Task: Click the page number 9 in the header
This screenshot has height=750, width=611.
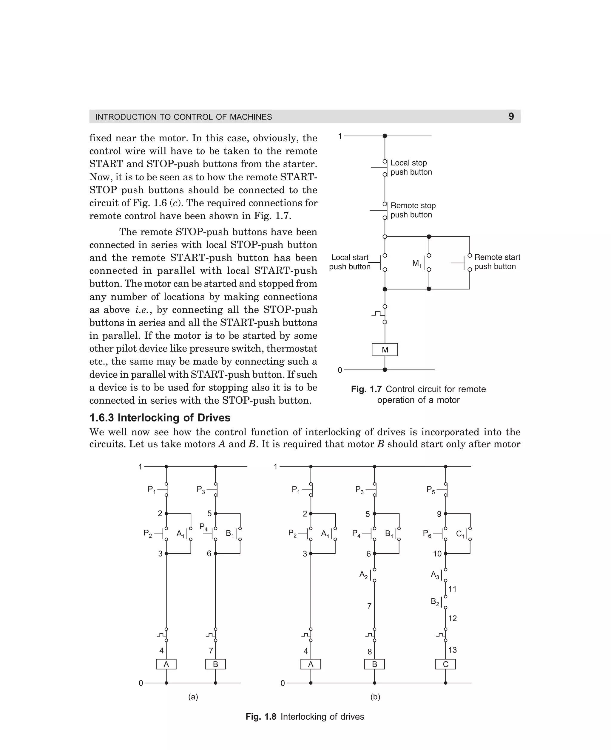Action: tap(511, 116)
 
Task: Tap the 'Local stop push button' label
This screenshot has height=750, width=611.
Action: tap(411, 167)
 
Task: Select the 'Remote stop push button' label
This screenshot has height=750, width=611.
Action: tap(413, 210)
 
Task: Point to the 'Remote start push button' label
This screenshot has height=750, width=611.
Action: tap(497, 262)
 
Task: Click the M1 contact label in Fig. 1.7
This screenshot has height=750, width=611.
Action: tap(417, 263)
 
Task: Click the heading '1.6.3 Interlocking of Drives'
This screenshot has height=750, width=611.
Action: tap(160, 418)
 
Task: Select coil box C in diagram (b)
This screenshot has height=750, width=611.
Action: tap(445, 664)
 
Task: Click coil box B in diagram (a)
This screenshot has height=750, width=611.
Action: tap(215, 664)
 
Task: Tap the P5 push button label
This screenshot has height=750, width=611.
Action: tap(431, 489)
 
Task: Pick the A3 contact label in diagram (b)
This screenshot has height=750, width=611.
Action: tap(435, 575)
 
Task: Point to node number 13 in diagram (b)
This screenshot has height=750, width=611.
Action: tap(453, 650)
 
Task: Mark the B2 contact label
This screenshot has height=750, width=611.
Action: tap(435, 602)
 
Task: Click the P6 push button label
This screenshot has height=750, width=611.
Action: tap(427, 534)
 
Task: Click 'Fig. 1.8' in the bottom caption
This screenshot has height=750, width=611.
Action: tap(261, 717)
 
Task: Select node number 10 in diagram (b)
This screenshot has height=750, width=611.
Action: tap(437, 554)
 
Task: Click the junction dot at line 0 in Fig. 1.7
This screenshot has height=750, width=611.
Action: tap(385, 370)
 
